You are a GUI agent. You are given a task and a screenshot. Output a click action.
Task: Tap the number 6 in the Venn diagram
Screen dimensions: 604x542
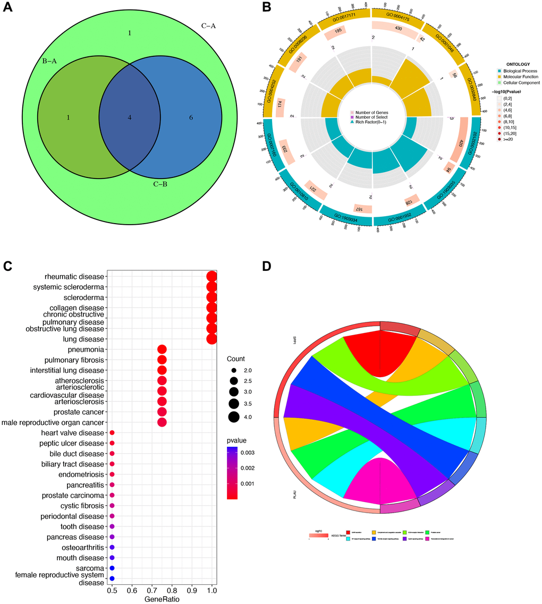pos(191,117)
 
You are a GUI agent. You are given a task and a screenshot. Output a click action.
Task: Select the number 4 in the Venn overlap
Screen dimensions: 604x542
pos(129,117)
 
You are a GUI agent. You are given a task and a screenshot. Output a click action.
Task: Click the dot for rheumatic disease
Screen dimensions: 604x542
pos(211,277)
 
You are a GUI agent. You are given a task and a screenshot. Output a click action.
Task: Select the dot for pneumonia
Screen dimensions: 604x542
pos(162,349)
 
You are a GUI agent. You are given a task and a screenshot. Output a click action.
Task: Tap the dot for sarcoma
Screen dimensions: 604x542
pos(112,568)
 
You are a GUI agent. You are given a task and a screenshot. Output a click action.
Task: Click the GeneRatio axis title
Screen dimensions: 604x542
pos(162,599)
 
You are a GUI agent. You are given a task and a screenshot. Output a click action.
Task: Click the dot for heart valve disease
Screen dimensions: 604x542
pos(112,433)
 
